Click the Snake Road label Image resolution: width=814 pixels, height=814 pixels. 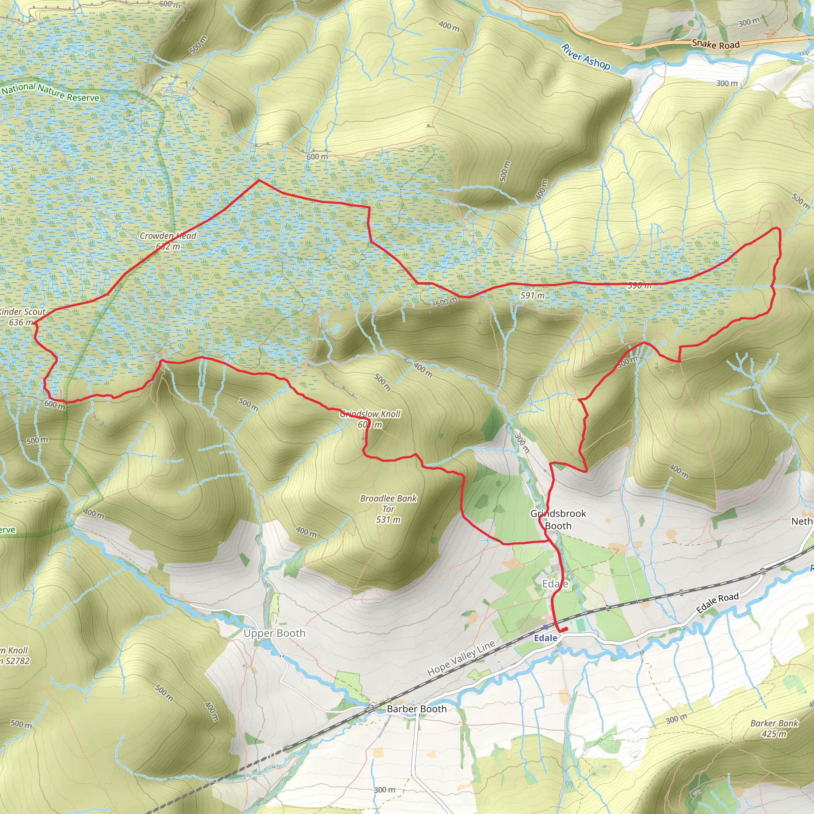pos(715,44)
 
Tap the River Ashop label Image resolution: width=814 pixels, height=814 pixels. pos(585,56)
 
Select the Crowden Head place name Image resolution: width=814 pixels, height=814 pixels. pos(168,236)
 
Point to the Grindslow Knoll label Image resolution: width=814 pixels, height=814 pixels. pos(370,414)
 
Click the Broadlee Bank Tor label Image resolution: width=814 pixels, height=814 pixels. pos(388,504)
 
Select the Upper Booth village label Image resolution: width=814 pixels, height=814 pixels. pos(274,633)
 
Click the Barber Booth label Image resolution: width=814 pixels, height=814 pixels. pos(416,709)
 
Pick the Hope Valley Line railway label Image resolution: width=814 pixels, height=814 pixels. pos(461,659)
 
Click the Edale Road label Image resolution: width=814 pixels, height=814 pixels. pos(717,603)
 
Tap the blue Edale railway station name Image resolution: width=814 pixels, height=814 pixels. pos(545,638)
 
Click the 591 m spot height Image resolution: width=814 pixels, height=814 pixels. pos(532,295)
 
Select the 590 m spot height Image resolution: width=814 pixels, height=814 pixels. pos(640,285)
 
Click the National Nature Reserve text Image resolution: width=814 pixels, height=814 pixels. pos(50,92)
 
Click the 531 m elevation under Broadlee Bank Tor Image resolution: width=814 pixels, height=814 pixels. pos(388,519)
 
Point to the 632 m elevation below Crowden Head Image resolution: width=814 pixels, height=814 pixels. pos(168,246)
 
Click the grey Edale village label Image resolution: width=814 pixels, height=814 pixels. pos(555,583)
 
